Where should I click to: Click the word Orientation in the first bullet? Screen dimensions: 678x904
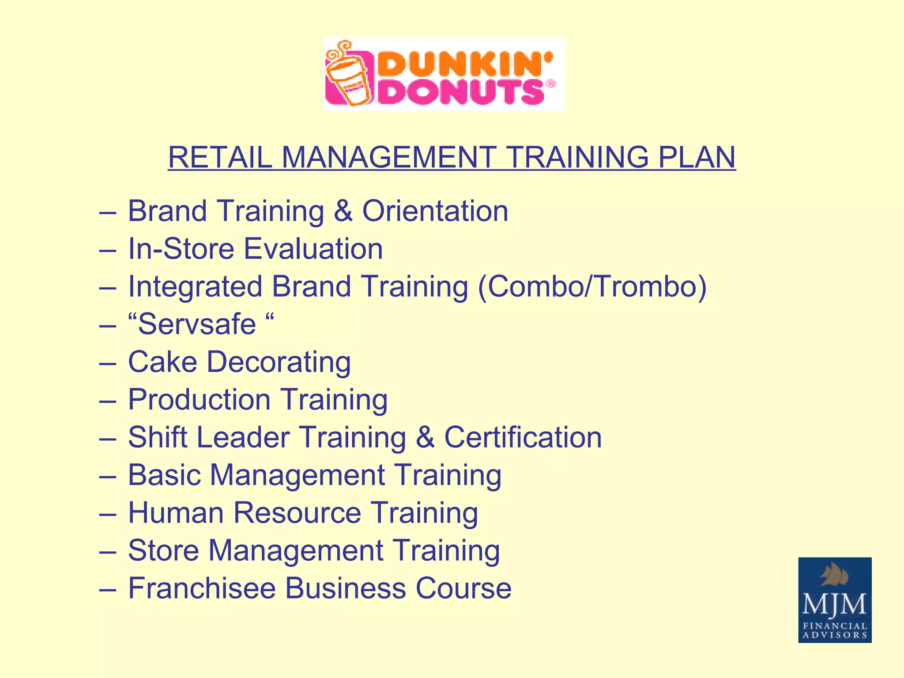click(435, 211)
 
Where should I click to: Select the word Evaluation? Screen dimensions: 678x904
click(313, 249)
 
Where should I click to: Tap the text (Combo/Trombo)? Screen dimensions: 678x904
click(592, 286)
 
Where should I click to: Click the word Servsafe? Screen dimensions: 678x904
click(197, 324)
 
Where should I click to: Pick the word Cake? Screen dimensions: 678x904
click(162, 362)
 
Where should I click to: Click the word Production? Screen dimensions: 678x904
click(199, 400)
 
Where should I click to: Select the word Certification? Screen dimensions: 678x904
click(523, 437)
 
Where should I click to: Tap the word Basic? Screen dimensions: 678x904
click(165, 475)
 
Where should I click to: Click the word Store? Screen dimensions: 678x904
click(163, 551)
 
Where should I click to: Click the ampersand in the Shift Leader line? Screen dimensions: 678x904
click(425, 437)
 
